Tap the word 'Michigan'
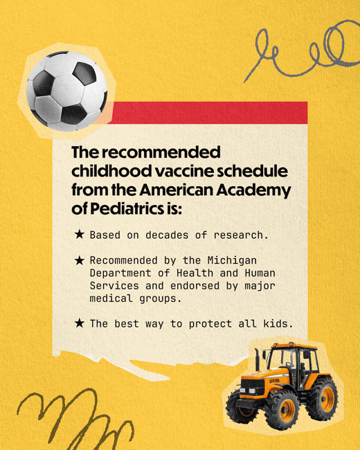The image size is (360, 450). click(x=232, y=260)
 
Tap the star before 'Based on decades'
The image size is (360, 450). click(x=80, y=235)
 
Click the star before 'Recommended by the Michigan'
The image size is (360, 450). click(x=80, y=260)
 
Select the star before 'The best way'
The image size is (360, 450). click(x=80, y=323)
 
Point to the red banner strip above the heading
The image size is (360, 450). click(x=208, y=112)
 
